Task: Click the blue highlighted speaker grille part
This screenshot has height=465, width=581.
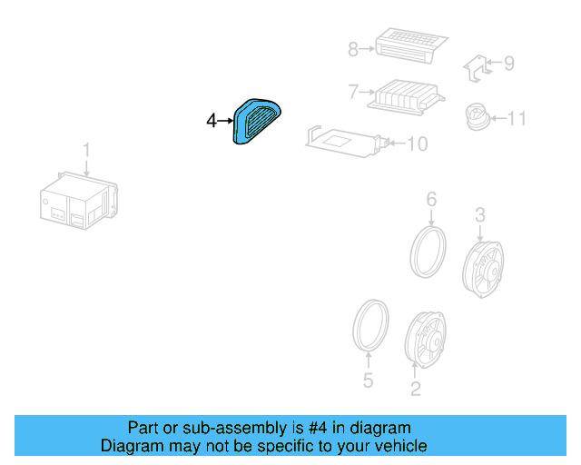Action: (x=257, y=121)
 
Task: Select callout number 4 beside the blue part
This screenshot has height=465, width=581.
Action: (x=212, y=120)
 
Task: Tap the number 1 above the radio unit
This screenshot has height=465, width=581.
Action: (x=87, y=149)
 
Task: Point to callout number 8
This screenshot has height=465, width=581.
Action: (x=353, y=50)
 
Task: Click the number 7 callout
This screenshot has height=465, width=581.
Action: (x=353, y=92)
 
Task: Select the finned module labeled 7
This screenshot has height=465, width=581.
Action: (x=406, y=94)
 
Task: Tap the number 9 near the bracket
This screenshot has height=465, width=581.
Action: (x=508, y=64)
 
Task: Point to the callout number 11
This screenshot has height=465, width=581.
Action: (x=517, y=118)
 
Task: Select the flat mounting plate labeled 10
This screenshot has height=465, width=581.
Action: (x=345, y=140)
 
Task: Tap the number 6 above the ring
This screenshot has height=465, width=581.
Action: (x=431, y=199)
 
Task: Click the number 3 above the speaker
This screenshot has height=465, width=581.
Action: (x=480, y=214)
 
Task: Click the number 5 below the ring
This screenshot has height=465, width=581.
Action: (x=368, y=381)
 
